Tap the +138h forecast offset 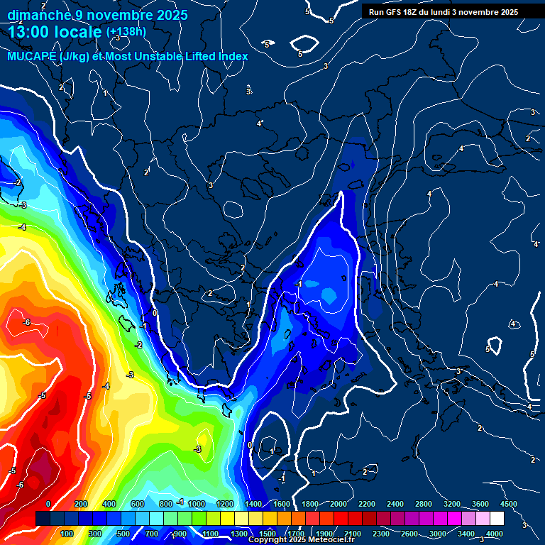click(126, 32)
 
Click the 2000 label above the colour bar click(338, 504)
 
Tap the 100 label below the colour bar click(67, 534)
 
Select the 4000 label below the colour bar click(495, 534)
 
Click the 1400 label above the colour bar click(253, 504)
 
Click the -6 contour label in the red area click(26, 322)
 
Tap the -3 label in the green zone click(198, 449)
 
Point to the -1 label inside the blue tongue click(299, 284)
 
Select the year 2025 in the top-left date click(171, 14)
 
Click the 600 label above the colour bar click(137, 504)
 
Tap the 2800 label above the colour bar click(424, 504)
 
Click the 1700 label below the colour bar click(296, 534)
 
